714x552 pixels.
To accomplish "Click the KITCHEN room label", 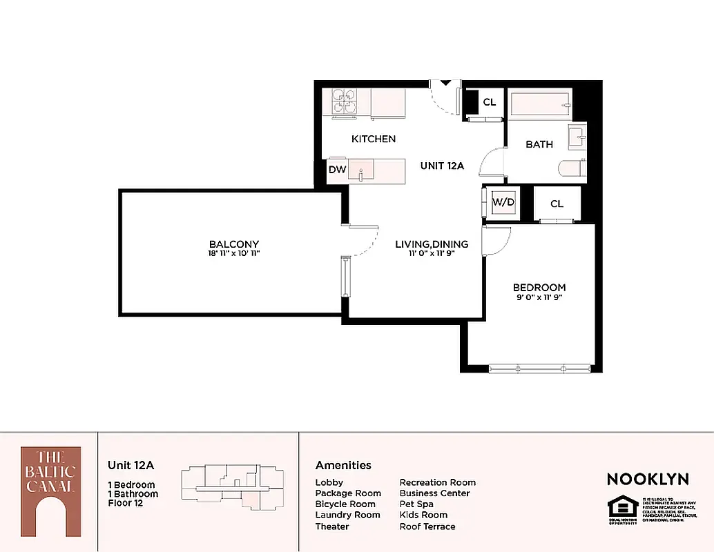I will [374, 139].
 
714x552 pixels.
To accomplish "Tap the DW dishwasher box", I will [337, 170].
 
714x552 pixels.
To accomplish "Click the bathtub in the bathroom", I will [540, 103].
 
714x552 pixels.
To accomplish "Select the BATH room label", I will [539, 144].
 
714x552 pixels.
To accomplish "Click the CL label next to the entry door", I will [489, 102].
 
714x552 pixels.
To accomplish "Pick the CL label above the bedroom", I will [557, 204].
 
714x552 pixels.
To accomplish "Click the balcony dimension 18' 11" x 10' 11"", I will [234, 254].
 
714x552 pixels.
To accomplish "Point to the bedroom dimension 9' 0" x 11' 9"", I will [539, 297].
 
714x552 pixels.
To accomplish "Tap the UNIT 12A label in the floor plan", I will [442, 166].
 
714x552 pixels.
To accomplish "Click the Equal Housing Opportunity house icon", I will [619, 506].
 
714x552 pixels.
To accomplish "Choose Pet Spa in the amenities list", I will [416, 504].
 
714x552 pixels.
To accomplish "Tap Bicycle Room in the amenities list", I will [345, 504].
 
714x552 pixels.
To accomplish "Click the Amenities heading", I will [343, 465].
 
